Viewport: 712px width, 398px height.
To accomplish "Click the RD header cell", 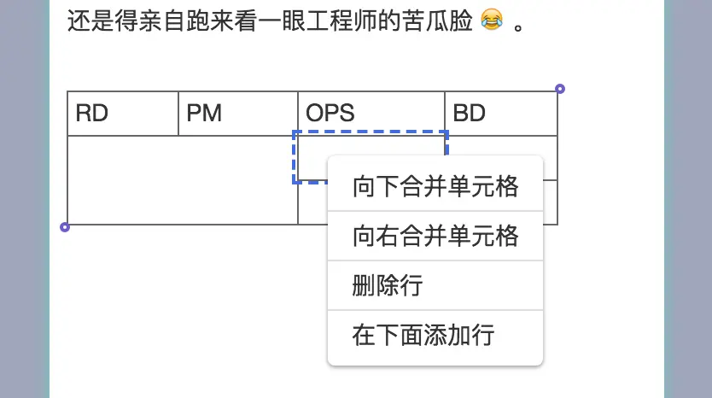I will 122,113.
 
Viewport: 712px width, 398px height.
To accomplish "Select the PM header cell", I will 237,113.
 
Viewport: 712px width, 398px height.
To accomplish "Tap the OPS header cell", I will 371,113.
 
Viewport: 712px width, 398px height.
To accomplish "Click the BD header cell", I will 500,113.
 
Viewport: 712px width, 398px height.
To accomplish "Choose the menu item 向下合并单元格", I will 435,186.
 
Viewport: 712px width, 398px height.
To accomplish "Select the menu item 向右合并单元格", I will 435,236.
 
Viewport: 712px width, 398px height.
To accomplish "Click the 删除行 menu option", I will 435,285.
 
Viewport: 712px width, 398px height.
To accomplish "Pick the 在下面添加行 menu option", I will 435,335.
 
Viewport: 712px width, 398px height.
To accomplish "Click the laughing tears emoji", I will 491,20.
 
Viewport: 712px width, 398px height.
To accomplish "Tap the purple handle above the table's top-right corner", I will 560,88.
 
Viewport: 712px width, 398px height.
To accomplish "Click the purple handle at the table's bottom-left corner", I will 65,227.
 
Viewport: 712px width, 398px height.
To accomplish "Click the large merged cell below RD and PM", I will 182,179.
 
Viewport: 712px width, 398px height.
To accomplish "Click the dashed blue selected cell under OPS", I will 312,157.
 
